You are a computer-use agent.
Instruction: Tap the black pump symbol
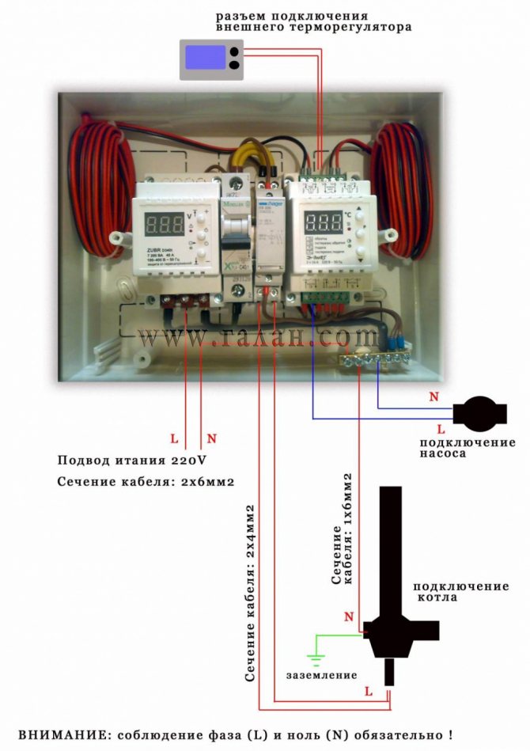click(478, 412)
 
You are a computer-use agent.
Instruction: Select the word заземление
click(322, 675)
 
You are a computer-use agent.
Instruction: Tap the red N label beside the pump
click(433, 396)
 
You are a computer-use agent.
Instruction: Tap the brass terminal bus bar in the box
click(373, 360)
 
